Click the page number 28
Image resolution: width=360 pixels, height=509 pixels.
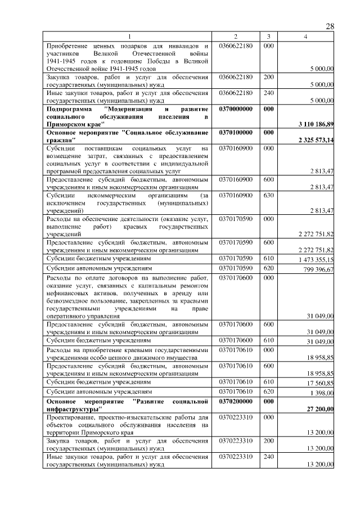point(330,27)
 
